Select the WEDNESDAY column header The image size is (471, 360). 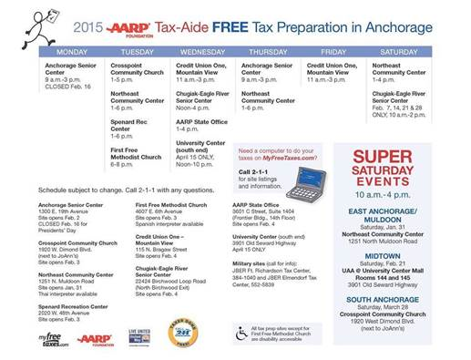tap(203, 53)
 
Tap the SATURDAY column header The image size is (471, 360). tap(400, 53)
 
